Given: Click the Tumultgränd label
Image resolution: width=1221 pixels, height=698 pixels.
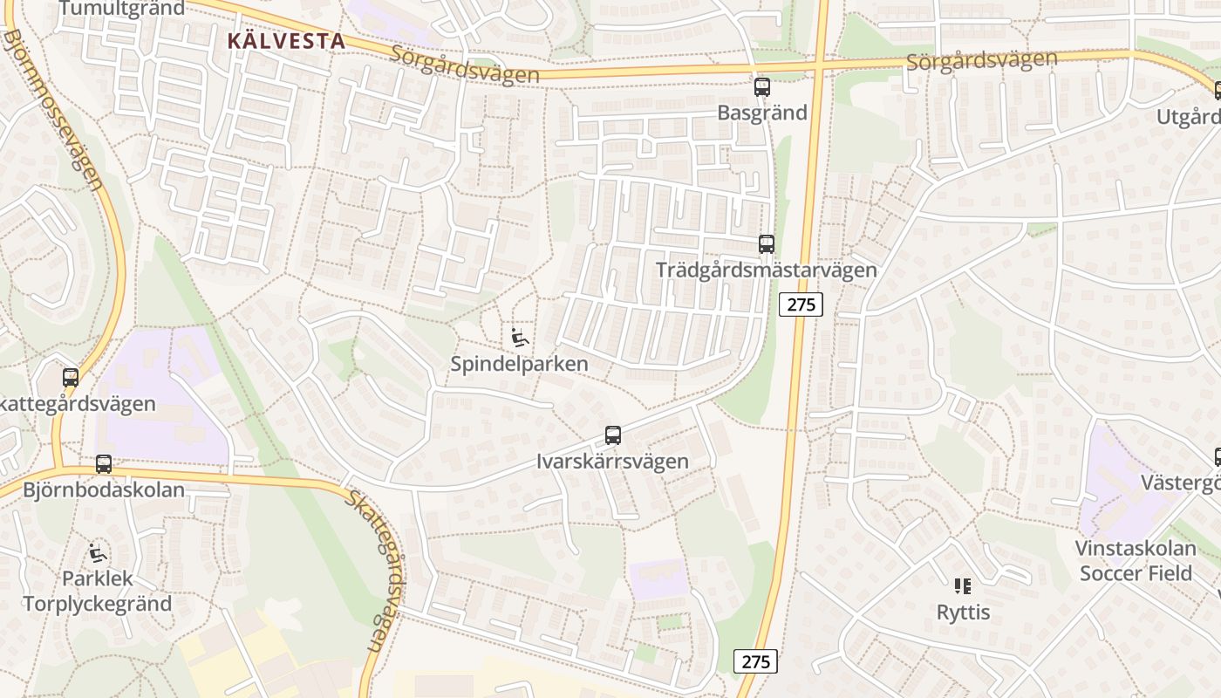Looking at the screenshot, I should coord(122,9).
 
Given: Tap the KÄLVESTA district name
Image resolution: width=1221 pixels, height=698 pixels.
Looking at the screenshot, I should coord(286,40).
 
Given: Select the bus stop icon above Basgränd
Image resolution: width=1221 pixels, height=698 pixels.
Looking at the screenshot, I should coord(762,87).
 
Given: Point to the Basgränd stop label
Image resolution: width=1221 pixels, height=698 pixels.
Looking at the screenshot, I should coord(762,113).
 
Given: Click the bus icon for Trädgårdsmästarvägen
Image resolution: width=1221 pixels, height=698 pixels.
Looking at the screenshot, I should coord(767,244).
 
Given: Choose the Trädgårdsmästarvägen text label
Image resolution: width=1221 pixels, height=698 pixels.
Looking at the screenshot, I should coord(766,270).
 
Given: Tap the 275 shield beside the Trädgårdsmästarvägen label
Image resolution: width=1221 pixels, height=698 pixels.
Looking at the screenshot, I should coord(801,305).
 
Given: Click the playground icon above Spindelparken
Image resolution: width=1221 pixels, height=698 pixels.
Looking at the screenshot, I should coord(520,338).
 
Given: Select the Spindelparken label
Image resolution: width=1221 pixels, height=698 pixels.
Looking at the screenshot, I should coord(519,364).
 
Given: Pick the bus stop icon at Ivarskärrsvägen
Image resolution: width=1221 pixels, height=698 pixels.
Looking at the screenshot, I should coord(613,435).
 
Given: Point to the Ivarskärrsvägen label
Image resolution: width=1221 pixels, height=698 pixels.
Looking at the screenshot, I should coord(612,461).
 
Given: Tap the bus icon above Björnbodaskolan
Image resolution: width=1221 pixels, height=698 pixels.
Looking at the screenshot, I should coord(104,464).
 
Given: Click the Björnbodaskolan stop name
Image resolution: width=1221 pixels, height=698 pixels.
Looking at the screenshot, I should coord(104,489).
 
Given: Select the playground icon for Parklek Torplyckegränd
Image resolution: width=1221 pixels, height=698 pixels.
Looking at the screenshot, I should coord(98,553).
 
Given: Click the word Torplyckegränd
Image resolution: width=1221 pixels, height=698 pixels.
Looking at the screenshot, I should coord(98,604).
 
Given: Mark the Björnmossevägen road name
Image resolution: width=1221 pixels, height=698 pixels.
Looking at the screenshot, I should coord(54,109).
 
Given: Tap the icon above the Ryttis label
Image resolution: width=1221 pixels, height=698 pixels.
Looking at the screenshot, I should coord(963,586).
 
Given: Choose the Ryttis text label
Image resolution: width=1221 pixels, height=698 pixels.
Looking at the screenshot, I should coord(963,612).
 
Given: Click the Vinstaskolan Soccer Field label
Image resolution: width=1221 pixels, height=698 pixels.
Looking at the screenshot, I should coord(1135,561).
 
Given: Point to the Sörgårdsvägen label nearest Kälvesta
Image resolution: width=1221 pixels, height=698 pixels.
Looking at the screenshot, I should coord(465,64).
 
